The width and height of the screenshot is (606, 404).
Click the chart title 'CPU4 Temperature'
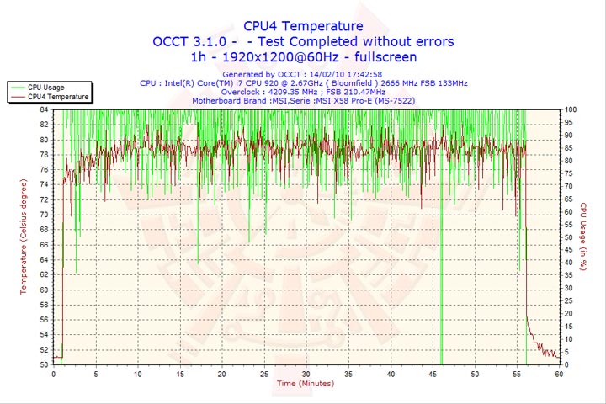pyautogui.click(x=303, y=26)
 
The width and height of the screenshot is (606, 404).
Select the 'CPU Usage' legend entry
pyautogui.click(x=45, y=87)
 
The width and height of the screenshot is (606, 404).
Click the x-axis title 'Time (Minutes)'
pyautogui.click(x=305, y=384)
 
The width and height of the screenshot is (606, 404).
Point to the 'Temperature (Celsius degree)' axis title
pyautogui.click(x=24, y=237)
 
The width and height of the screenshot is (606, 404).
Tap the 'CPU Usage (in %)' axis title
pyautogui.click(x=582, y=237)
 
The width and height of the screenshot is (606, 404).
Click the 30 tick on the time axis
pyautogui.click(x=306, y=374)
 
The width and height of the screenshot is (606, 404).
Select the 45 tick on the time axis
pyautogui.click(x=431, y=374)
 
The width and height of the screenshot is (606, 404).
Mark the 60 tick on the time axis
pyautogui.click(x=557, y=374)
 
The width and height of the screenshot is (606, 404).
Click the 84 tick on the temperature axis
pyautogui.click(x=45, y=109)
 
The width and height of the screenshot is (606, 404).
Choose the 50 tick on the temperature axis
pyautogui.click(x=45, y=365)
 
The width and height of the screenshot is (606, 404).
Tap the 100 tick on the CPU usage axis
pyautogui.click(x=571, y=109)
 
